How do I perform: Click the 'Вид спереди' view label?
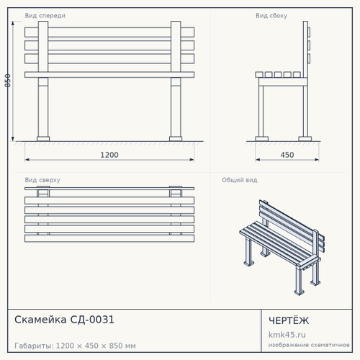pyautogui.click(x=45, y=16)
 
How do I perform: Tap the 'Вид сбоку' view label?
pyautogui.click(x=271, y=16)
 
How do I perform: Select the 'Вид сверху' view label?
pyautogui.click(x=42, y=180)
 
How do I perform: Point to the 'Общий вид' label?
pyautogui.click(x=240, y=180)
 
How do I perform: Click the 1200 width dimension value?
pyautogui.click(x=109, y=155)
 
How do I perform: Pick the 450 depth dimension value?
pyautogui.click(x=287, y=155)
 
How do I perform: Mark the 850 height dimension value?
pyautogui.click(x=8, y=81)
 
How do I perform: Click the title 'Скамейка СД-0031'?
pyautogui.click(x=64, y=320)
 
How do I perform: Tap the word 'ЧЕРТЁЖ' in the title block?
pyautogui.click(x=289, y=320)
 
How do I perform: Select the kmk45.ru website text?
pyautogui.click(x=287, y=335)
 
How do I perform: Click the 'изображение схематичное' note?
pyautogui.click(x=309, y=345)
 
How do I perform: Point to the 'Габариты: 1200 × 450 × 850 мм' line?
pyautogui.click(x=75, y=346)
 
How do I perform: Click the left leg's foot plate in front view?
pyautogui.click(x=43, y=139)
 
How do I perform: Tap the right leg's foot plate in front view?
pyautogui.click(x=176, y=139)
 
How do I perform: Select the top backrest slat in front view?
pyautogui.click(x=109, y=32)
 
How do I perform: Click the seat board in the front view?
pyautogui.click(x=109, y=75)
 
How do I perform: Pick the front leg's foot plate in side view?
pyautogui.click(x=262, y=139)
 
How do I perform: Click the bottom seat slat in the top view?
pyautogui.click(x=109, y=238)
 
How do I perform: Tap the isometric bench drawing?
pyautogui.click(x=282, y=247)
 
